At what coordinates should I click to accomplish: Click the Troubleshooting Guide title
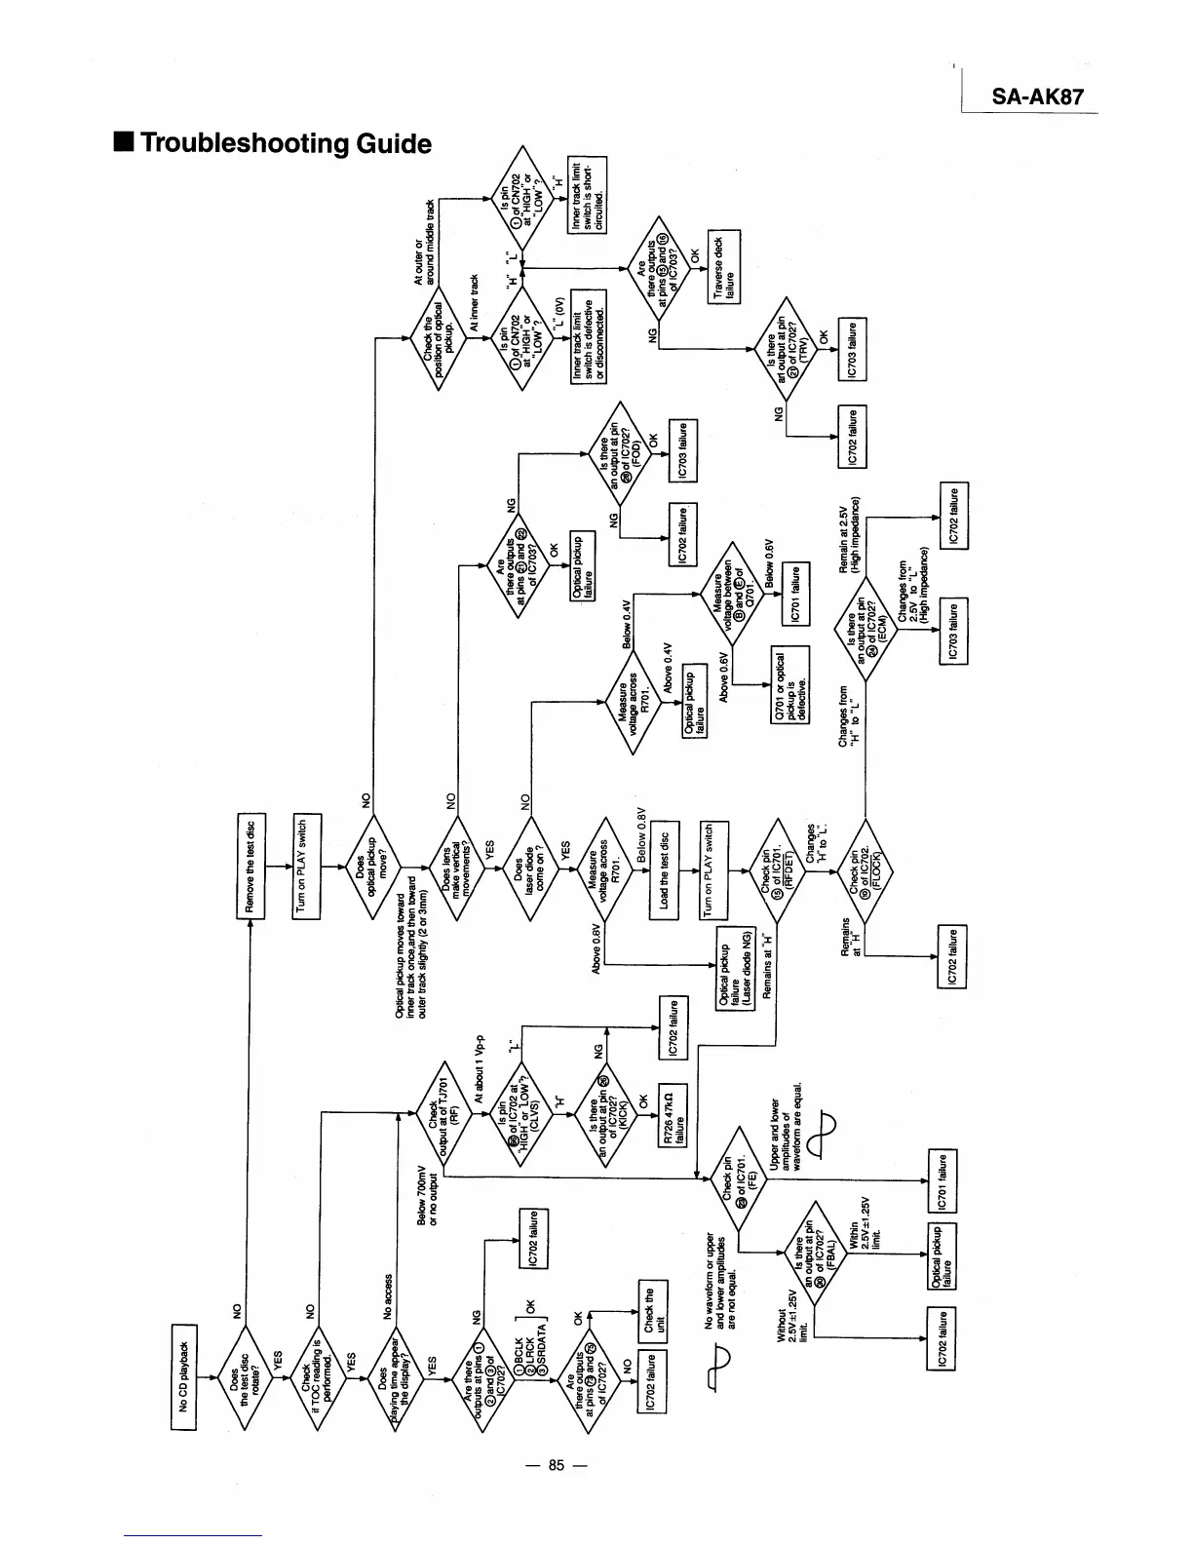tap(274, 143)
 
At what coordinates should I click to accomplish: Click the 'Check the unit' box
tap(651, 1312)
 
